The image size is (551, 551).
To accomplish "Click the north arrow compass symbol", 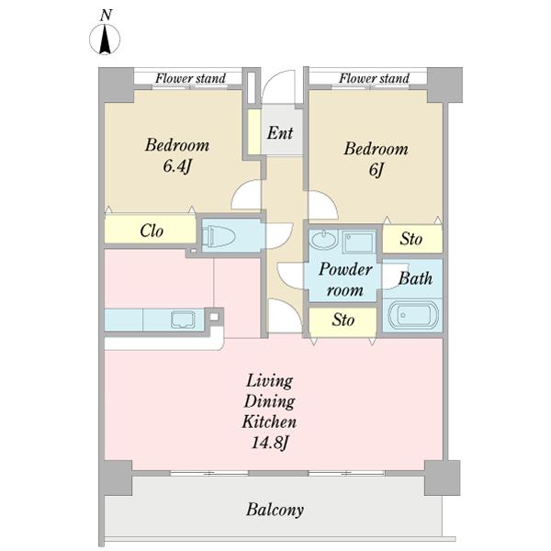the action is coord(105,39).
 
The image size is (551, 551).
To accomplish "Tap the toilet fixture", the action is coord(219,235).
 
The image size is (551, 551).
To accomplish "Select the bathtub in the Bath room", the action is coord(412,315).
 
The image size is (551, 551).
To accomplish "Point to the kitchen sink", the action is coord(183,320).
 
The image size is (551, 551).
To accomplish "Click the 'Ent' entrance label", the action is coord(280,133).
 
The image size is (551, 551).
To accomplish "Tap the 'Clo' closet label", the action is coord(152,231).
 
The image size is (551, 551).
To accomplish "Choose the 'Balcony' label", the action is coord(275,510).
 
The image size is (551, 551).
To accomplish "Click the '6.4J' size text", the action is coord(176,166).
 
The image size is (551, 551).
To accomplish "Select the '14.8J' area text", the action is coord(270,443).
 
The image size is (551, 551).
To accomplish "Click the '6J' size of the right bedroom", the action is coord(376,170).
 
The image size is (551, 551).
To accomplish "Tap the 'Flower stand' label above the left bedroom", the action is coord(190,78).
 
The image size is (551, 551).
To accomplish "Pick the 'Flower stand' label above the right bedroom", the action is coord(374,78).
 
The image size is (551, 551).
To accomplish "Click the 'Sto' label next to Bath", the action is coord(410,239).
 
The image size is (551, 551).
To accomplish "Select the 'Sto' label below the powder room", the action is coord(343,320).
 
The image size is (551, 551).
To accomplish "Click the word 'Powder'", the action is coord(346,269).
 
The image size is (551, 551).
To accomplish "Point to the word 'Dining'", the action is coord(269,401).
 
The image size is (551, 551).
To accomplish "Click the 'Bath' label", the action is coord(415,278).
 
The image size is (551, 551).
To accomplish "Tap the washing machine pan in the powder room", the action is coord(358,242).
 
